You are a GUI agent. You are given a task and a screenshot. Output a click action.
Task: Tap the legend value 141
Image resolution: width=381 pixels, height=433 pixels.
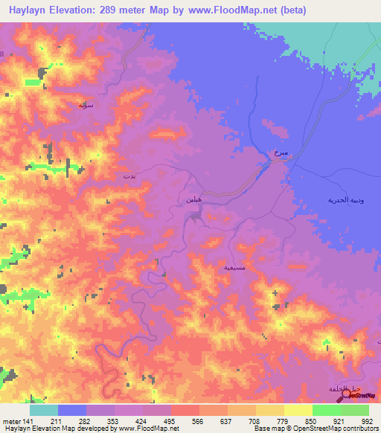[x=28, y=421]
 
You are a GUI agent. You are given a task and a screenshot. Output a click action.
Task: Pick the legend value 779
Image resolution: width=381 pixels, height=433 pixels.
[x=281, y=421]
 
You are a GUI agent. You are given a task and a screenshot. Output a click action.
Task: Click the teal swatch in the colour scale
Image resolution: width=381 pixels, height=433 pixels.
[x=43, y=410]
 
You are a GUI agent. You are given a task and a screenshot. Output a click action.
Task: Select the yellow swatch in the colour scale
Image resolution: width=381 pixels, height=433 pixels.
[x=298, y=410]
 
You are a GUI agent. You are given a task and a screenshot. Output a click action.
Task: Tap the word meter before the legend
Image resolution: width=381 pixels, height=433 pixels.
[x=10, y=421]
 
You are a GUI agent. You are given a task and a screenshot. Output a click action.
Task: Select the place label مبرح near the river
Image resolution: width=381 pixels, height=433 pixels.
[x=281, y=153]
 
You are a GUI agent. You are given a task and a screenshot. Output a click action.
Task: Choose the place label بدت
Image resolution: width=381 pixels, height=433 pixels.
[x=129, y=176]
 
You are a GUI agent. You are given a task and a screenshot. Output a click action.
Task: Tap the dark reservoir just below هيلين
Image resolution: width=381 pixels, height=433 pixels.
[x=195, y=216]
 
